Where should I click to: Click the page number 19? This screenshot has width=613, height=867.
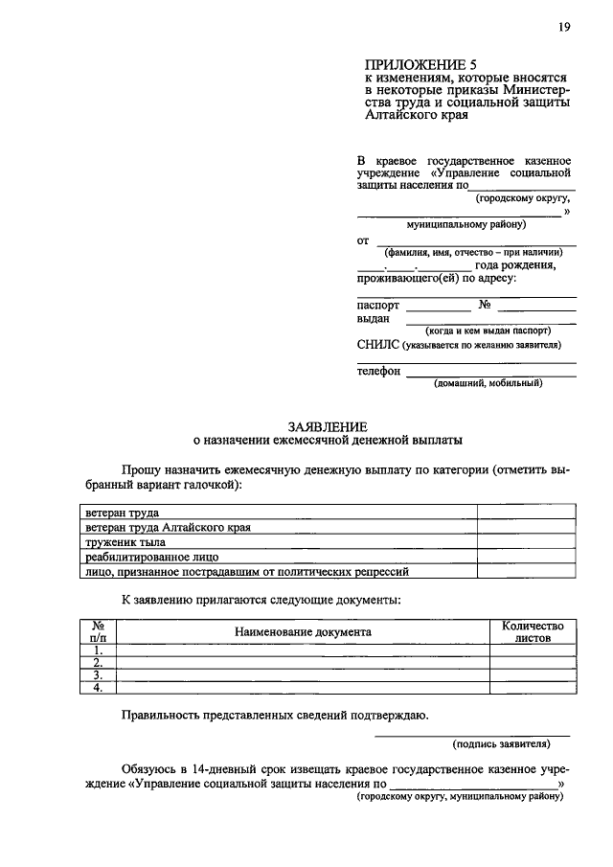click(x=564, y=27)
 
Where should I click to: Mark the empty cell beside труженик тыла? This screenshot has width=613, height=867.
click(x=526, y=542)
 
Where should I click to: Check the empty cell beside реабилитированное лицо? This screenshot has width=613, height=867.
click(x=526, y=557)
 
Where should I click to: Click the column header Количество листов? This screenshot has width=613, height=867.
click(x=533, y=632)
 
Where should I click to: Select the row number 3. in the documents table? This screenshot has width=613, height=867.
click(x=98, y=674)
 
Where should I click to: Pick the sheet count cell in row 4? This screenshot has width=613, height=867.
click(x=533, y=687)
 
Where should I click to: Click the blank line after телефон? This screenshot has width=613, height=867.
click(x=490, y=372)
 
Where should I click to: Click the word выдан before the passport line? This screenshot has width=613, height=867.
click(x=373, y=319)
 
